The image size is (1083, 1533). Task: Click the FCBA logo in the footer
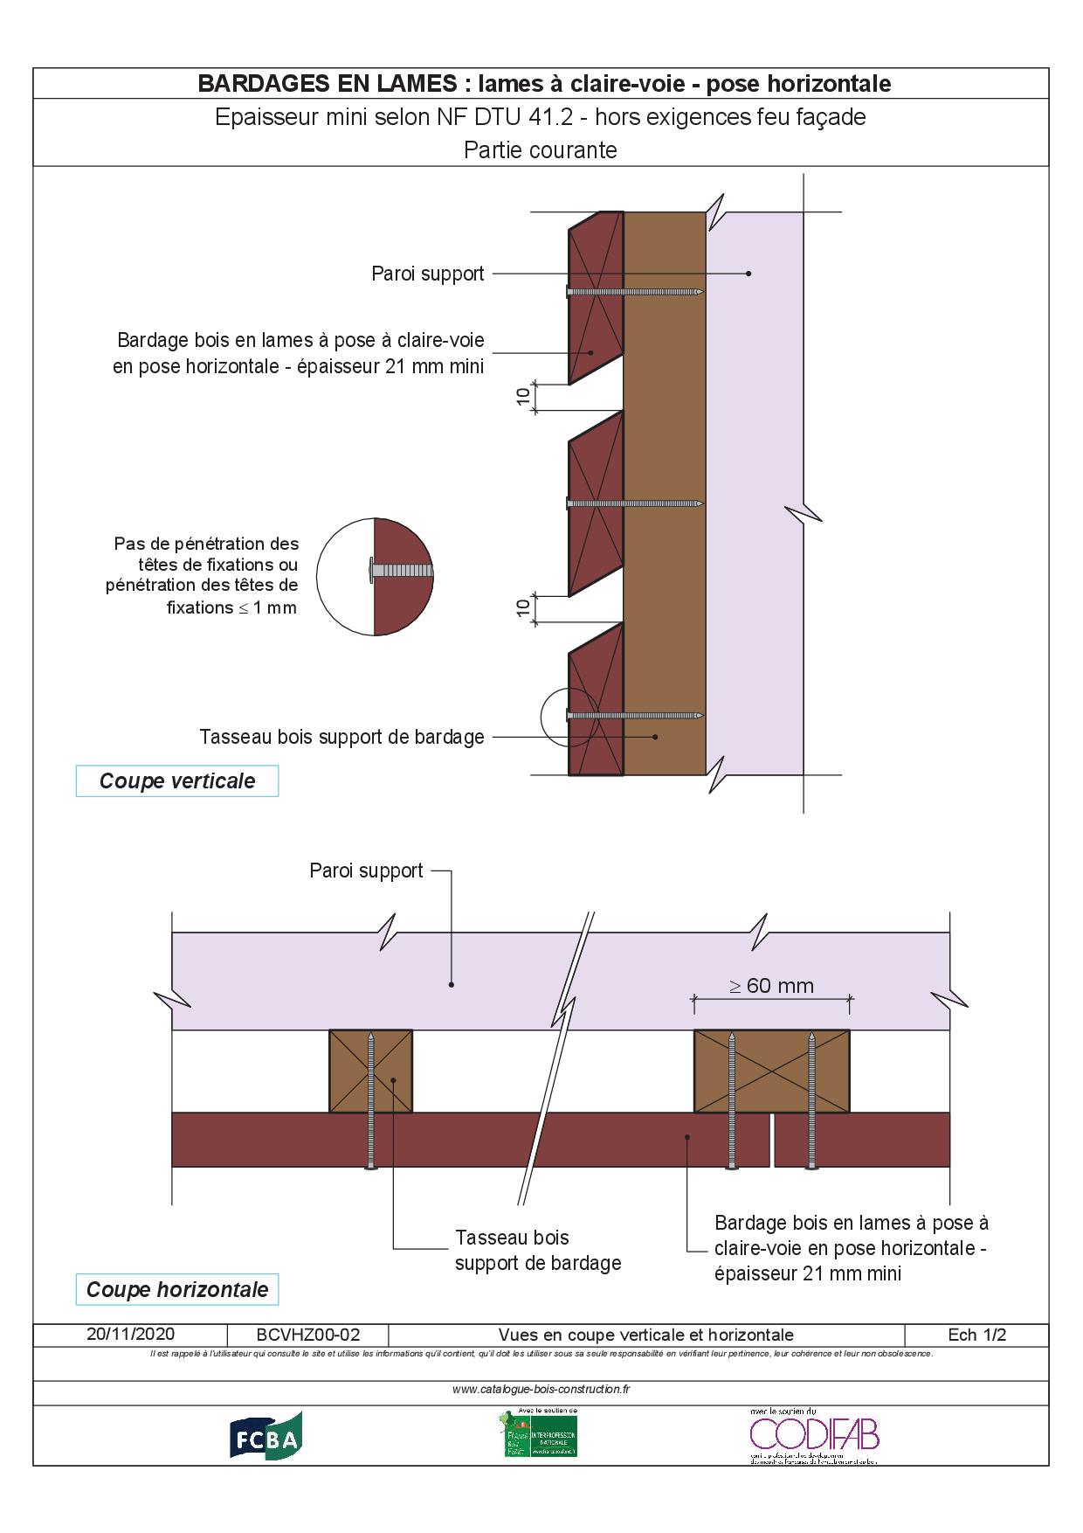click(x=266, y=1437)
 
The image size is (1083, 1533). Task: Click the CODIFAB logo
click(x=813, y=1437)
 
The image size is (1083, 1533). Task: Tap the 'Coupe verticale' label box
click(x=177, y=780)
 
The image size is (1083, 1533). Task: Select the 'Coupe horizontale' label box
click(x=177, y=1289)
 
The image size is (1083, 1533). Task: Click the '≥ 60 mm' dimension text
click(x=771, y=986)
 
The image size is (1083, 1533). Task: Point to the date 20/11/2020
click(x=130, y=1334)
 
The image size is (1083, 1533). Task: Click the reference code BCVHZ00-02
click(x=308, y=1335)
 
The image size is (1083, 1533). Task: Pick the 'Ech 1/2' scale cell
click(x=976, y=1335)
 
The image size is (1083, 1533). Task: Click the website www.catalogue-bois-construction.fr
click(x=541, y=1389)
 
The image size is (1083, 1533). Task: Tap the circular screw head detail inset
click(x=375, y=577)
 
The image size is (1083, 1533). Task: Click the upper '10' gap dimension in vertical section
click(x=523, y=396)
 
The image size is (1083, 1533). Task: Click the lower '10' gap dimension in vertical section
click(x=523, y=608)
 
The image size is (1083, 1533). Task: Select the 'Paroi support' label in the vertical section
click(x=427, y=274)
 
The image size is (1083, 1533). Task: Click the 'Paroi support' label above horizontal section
click(x=366, y=871)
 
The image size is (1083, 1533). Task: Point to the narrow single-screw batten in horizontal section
click(x=370, y=1071)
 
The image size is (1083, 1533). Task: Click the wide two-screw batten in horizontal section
click(x=771, y=1071)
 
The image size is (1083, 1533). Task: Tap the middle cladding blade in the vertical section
click(x=596, y=503)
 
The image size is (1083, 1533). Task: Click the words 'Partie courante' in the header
click(x=540, y=150)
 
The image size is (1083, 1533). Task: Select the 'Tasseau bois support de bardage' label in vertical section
click(x=341, y=737)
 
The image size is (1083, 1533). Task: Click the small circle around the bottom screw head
click(x=569, y=716)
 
